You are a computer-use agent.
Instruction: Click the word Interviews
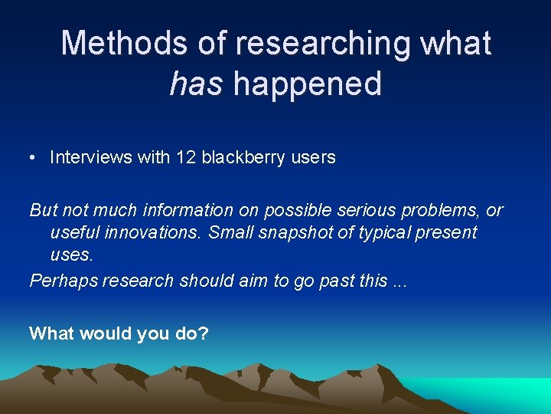click(91, 157)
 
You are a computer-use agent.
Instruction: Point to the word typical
click(377, 232)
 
